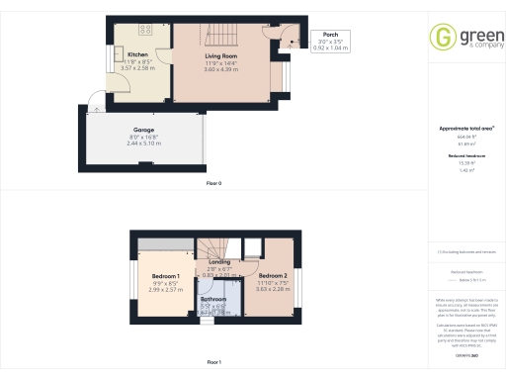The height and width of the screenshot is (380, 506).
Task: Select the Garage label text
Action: pyautogui.click(x=143, y=130)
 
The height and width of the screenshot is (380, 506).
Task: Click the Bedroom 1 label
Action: pyautogui.click(x=166, y=276)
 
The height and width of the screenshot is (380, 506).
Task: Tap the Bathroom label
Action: pyautogui.click(x=213, y=299)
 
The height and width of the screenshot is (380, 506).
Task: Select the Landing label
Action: pyautogui.click(x=219, y=260)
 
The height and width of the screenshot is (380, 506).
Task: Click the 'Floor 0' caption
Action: pyautogui.click(x=213, y=184)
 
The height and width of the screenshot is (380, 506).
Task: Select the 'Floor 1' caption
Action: pyautogui.click(x=213, y=363)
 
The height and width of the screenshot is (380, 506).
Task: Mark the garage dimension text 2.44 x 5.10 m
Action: pyautogui.click(x=143, y=143)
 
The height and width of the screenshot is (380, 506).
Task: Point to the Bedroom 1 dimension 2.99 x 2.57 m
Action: pyautogui.click(x=166, y=290)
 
